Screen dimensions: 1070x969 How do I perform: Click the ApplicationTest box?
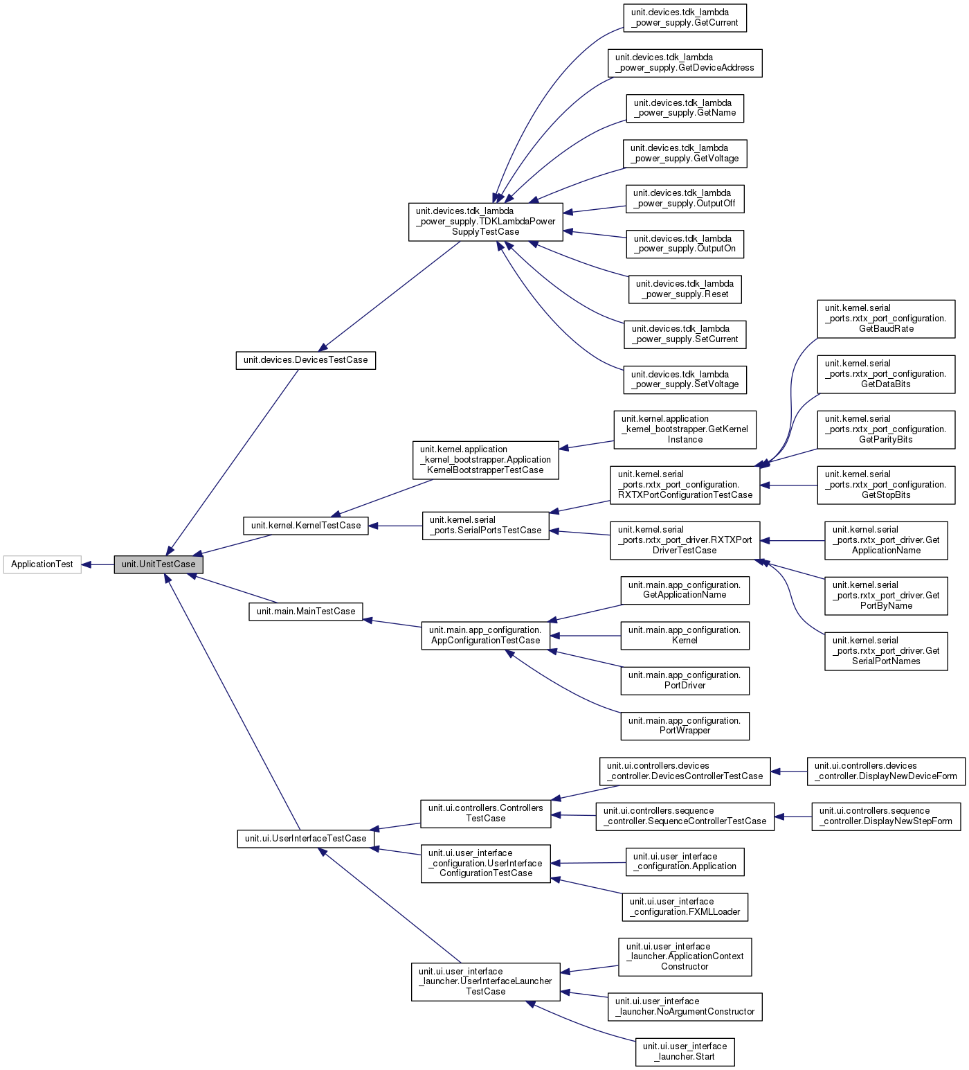tap(42, 564)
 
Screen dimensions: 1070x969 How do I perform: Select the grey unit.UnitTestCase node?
tap(159, 564)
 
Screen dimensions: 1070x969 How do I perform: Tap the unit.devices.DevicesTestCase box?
tap(305, 360)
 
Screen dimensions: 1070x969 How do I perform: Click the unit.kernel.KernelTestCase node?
tap(305, 526)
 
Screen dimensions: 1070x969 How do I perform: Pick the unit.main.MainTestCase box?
tap(305, 612)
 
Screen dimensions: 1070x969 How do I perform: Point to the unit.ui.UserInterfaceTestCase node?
tap(305, 839)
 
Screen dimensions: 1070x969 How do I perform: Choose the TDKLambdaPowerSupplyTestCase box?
tap(485, 222)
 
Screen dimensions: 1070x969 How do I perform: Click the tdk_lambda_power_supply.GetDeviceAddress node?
tap(685, 63)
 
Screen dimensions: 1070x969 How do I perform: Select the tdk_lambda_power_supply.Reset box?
tap(685, 289)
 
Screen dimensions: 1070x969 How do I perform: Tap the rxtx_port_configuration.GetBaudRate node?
tap(886, 319)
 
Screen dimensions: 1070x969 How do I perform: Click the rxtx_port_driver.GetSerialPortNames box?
tap(886, 651)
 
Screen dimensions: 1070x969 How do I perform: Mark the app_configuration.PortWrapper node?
tap(685, 726)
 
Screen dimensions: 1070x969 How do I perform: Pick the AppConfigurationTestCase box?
tap(485, 636)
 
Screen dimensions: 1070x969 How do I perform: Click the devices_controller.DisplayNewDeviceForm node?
tap(886, 772)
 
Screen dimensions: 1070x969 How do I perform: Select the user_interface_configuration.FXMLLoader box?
tap(685, 907)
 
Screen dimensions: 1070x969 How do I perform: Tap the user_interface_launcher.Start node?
tap(685, 1052)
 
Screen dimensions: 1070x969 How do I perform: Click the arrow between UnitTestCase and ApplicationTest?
tap(98, 564)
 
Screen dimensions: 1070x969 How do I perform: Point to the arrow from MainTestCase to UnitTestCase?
tap(235, 589)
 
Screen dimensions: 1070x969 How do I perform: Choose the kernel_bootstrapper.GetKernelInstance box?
tap(685, 429)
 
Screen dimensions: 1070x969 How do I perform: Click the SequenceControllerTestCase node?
tap(685, 817)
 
